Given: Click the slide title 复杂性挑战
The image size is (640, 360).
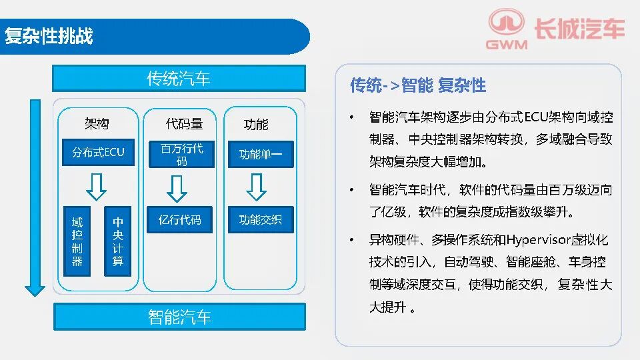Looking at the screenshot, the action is (x=49, y=35).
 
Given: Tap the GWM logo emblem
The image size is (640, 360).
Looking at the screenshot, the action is (x=506, y=23).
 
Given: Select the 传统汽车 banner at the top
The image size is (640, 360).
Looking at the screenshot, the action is (x=179, y=79).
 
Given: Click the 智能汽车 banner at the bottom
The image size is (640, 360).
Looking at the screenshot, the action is (x=179, y=317).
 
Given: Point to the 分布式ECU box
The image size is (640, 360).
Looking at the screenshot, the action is (x=98, y=152).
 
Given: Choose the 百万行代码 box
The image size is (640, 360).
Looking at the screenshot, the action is (x=181, y=154).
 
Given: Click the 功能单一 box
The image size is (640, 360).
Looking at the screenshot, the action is (x=261, y=154).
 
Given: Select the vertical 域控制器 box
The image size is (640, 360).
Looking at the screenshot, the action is (x=77, y=241).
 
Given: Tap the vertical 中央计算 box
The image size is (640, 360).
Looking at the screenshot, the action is (x=117, y=241).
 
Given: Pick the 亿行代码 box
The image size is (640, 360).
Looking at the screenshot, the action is (x=179, y=219).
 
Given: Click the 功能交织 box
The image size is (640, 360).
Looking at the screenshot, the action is (x=261, y=219).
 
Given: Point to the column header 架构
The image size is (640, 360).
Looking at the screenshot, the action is (x=97, y=123).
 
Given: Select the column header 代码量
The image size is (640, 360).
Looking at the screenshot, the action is (x=184, y=123).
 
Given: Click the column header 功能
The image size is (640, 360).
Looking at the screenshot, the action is (x=256, y=124).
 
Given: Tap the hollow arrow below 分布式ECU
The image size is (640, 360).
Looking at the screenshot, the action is (x=96, y=187).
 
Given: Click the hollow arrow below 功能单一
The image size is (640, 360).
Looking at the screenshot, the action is (x=256, y=187).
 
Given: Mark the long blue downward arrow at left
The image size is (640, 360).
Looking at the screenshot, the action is (x=35, y=197).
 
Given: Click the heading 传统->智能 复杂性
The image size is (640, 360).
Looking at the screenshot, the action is (x=417, y=86).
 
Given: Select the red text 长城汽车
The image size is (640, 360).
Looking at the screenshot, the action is (x=579, y=29).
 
